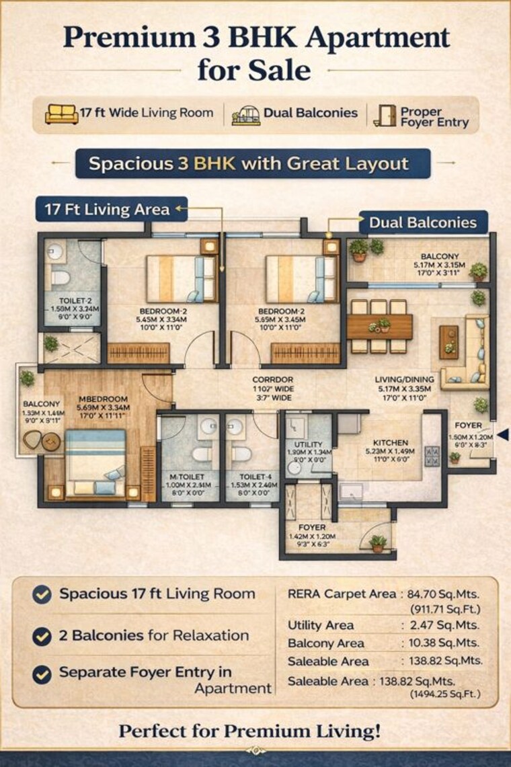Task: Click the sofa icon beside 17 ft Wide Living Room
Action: tap(61, 114)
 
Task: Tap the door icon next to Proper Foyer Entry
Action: tap(385, 114)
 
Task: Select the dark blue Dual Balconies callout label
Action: tap(423, 223)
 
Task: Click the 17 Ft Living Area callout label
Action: tap(107, 209)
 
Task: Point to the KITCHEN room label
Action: tap(391, 442)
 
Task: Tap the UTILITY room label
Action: tap(309, 444)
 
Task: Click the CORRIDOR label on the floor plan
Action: tap(272, 379)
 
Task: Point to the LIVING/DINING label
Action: tap(401, 379)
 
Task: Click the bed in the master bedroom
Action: tap(95, 464)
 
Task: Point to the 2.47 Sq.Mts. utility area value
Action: tap(448, 626)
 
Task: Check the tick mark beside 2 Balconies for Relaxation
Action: tap(42, 636)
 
